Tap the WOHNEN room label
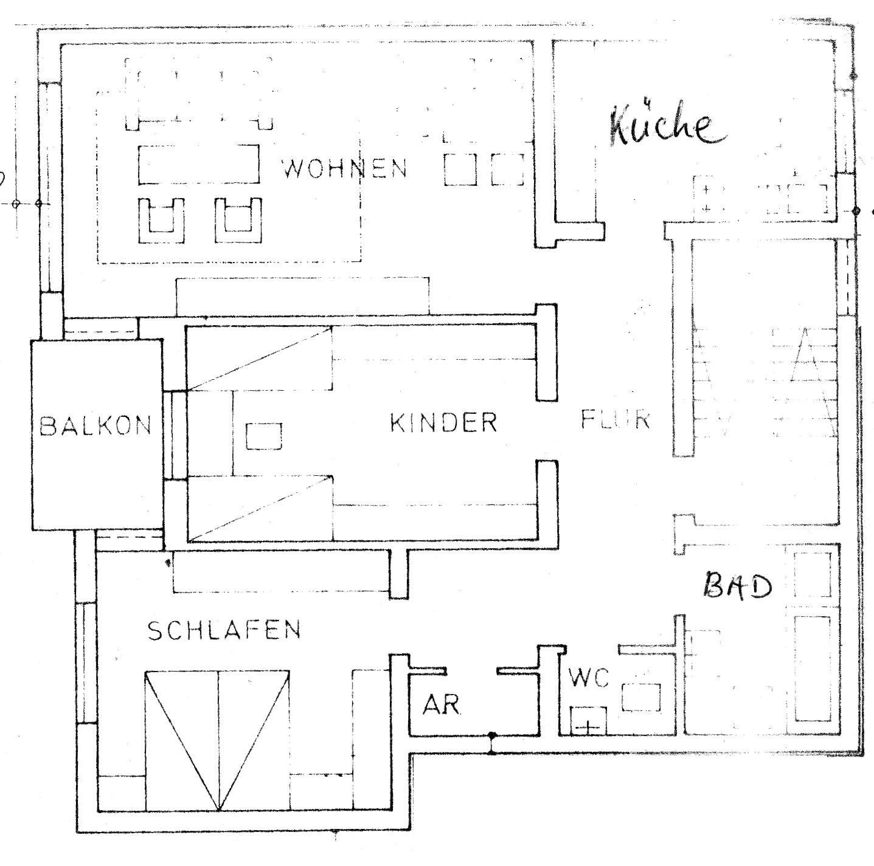point(345,168)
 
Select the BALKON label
point(95,426)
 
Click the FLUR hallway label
point(616,419)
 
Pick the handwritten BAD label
point(738,586)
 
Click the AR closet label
point(442,704)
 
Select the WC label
point(589,678)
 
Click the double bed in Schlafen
point(217,740)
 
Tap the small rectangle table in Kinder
point(264,436)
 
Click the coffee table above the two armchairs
point(198,164)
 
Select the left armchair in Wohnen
point(161,220)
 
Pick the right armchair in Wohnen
point(238,220)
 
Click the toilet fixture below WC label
point(588,720)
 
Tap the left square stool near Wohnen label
point(460,169)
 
